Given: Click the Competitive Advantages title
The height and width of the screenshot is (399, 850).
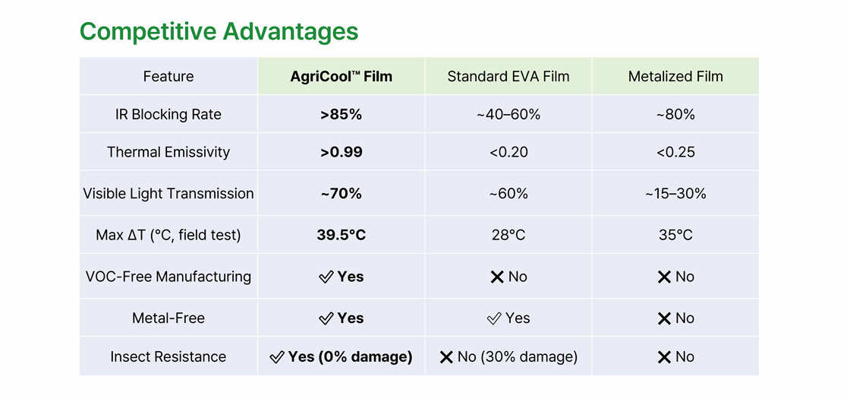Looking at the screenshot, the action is point(219,31).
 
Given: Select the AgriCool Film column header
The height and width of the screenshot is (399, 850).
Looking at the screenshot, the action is point(341,77).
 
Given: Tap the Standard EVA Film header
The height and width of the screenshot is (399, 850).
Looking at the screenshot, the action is point(508,77).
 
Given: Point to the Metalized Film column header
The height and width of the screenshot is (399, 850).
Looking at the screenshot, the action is point(675,77).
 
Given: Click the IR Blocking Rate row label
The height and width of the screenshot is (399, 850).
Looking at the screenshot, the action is point(168,115).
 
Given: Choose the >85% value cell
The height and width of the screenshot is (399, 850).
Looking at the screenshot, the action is point(341,115).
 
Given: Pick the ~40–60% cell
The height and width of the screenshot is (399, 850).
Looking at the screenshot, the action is point(508,115).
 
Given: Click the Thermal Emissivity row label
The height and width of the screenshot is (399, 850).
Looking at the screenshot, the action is point(168,152).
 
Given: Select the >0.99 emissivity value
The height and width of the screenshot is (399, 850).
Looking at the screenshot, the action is point(341,152).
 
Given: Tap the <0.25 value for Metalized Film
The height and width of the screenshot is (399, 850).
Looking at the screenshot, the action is point(675,152).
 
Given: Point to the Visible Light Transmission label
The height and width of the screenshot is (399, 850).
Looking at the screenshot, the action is point(168,193).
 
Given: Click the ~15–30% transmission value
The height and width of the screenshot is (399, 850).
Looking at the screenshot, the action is point(675,193).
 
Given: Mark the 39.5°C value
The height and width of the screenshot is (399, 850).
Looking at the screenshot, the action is point(341,235).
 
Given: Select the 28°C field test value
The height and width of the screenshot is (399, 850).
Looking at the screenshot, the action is point(508,235).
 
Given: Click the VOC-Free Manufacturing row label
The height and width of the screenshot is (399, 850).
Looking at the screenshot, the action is point(168,277).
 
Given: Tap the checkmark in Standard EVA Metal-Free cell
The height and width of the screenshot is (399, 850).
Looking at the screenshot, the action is point(493,318).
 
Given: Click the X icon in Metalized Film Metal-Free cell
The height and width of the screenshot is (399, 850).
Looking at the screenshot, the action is point(663,318).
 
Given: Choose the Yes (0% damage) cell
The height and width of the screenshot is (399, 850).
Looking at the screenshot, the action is point(341,356).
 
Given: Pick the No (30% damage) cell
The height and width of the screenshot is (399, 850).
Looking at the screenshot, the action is point(508,356).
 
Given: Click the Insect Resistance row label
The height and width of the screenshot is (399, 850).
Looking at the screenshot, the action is point(168,356).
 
